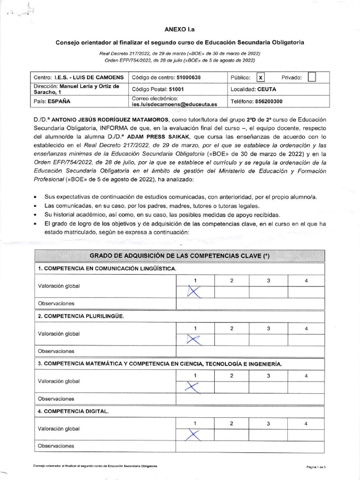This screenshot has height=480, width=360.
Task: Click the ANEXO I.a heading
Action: pyautogui.click(x=180, y=29)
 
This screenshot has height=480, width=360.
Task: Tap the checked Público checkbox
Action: pyautogui.click(x=261, y=77)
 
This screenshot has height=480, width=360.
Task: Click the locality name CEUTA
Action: pyautogui.click(x=267, y=89)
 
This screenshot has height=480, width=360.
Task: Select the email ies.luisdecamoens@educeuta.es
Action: pyautogui.click(x=175, y=105)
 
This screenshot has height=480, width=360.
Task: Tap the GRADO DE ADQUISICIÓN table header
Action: pyautogui.click(x=180, y=256)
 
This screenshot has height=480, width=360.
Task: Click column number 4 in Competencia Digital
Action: pyautogui.click(x=306, y=423)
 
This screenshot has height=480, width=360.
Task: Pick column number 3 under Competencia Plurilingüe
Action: pyautogui.click(x=268, y=328)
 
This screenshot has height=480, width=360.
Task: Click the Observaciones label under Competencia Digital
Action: pyautogui.click(x=56, y=446)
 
